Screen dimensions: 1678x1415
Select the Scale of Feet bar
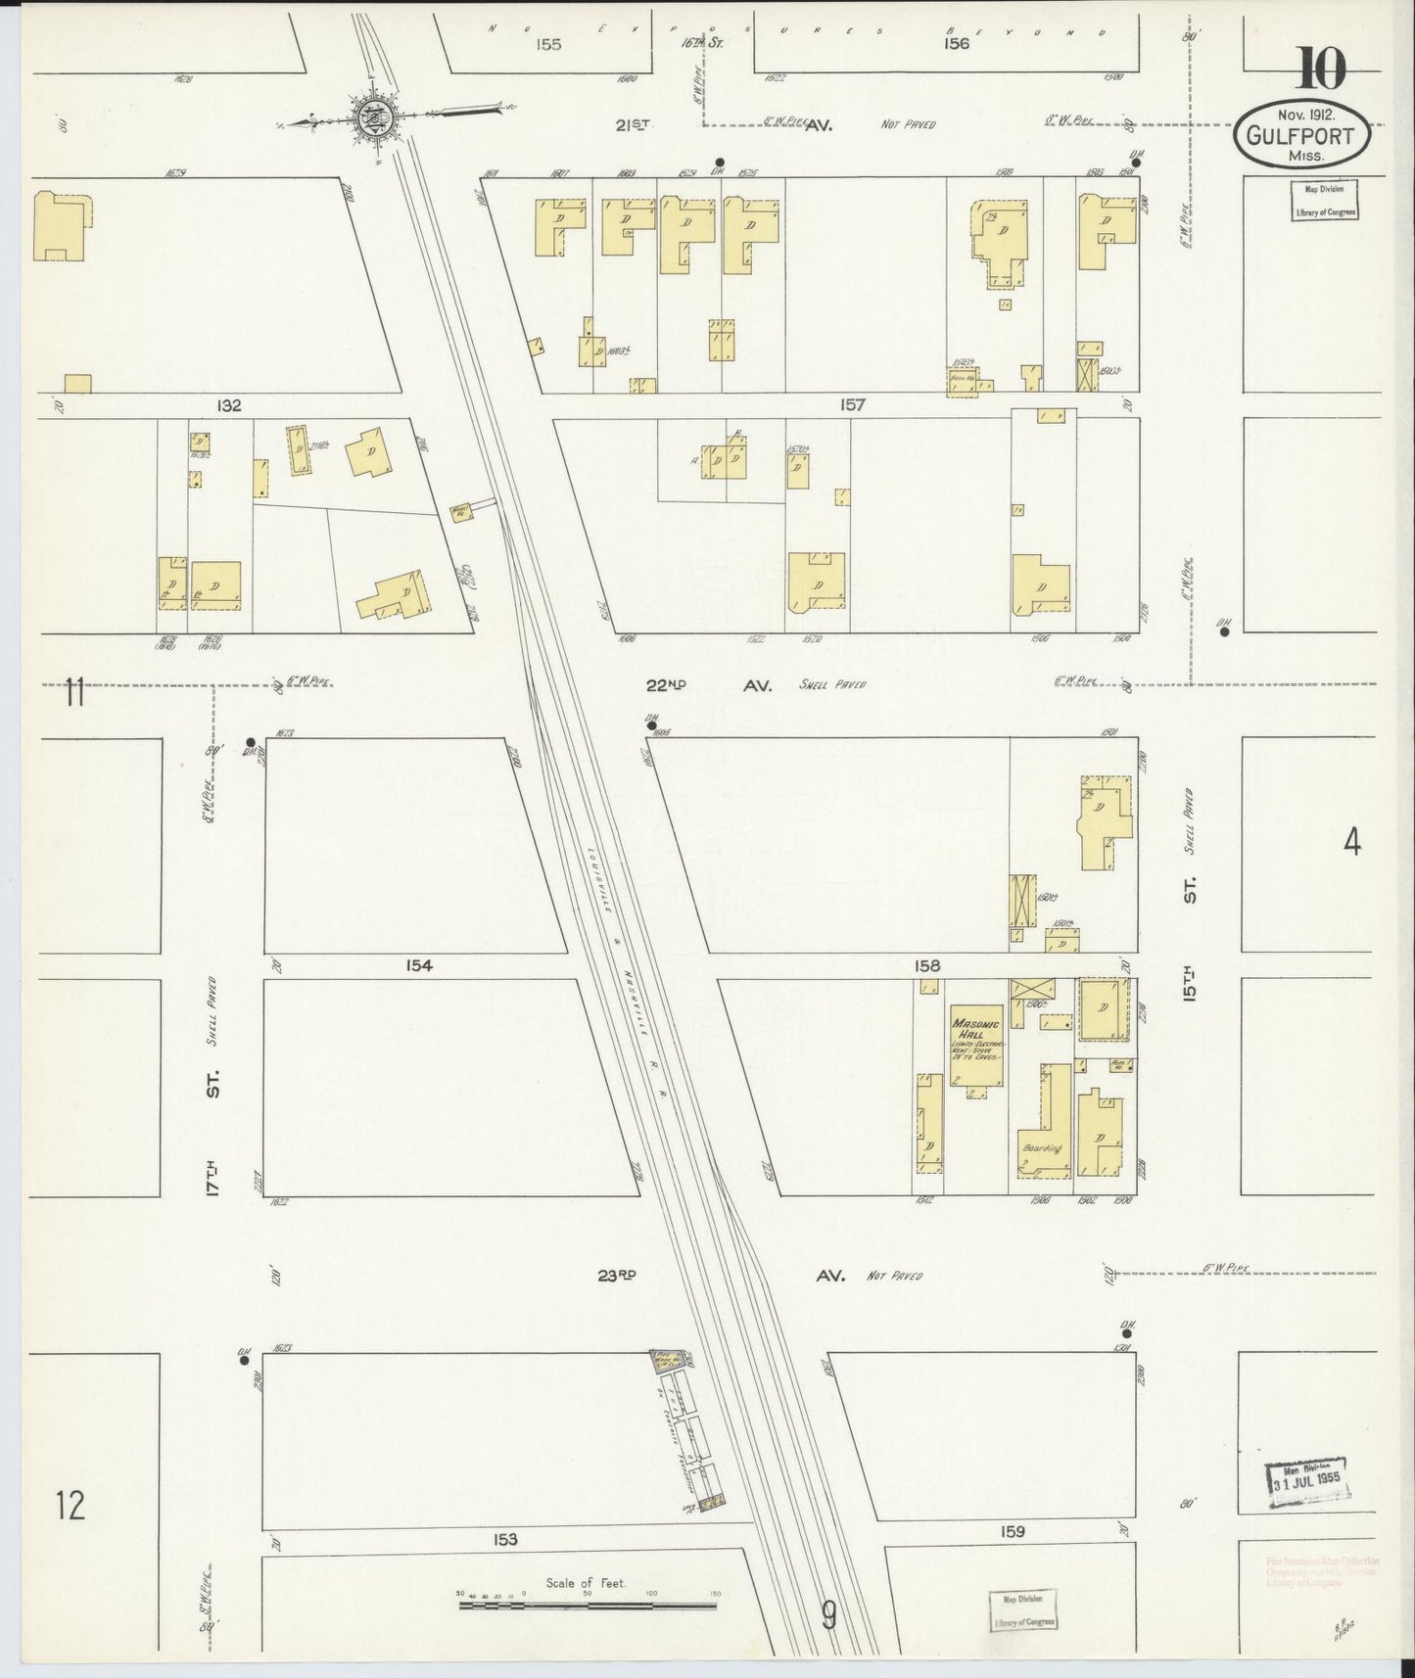(588, 1605)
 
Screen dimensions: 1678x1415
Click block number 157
(852, 404)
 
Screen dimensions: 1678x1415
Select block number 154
(418, 965)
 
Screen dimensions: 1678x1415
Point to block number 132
(229, 405)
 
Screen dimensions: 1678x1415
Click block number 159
(1013, 1531)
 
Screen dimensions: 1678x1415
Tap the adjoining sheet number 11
(74, 694)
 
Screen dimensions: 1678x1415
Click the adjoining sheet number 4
(1351, 842)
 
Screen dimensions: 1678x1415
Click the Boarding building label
(1042, 1147)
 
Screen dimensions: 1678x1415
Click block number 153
(505, 1540)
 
